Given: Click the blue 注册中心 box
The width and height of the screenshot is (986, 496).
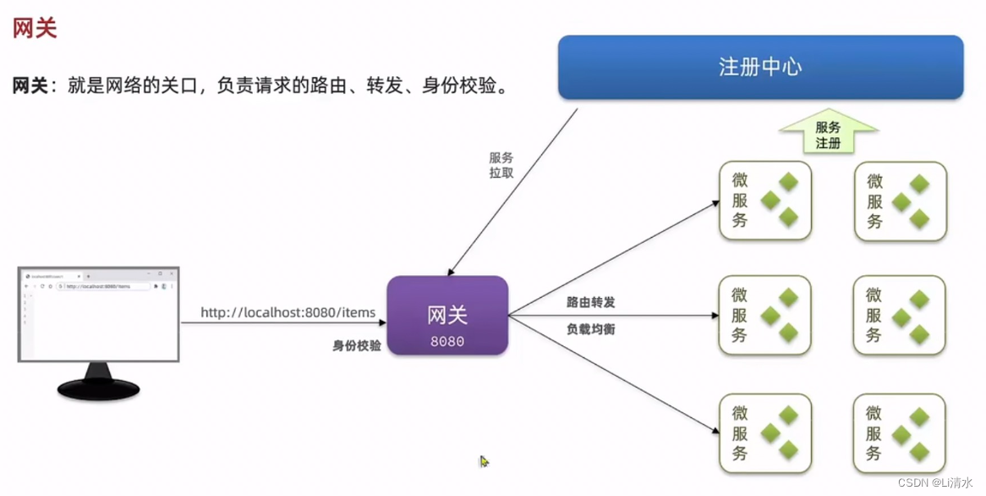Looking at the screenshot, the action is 760,68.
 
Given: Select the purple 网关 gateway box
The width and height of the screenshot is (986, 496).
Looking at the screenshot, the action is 447,315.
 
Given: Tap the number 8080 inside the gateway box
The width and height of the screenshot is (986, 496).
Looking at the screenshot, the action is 447,342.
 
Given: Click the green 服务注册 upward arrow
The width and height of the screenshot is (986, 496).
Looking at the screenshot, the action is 828,134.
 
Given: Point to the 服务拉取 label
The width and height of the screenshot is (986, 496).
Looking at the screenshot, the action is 501,165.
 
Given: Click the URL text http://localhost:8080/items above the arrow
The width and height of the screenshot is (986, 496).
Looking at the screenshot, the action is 288,312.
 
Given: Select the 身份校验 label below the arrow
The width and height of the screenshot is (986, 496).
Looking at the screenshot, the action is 357,345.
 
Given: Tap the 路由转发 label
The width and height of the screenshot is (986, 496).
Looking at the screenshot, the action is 591,302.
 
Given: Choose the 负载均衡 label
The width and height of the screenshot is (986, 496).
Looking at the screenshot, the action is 591,328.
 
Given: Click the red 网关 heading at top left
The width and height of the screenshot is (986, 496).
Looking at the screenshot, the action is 35,28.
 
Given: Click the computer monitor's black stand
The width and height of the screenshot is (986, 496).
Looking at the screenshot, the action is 98,386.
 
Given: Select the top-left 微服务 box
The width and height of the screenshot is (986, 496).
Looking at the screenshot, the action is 764,201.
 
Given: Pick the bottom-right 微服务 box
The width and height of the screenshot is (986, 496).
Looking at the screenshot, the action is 900,433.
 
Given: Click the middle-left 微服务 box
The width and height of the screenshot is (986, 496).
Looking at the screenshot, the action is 764,315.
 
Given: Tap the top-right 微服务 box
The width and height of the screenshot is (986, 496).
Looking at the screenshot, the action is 900,201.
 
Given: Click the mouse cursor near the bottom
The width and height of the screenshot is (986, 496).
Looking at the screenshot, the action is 485,461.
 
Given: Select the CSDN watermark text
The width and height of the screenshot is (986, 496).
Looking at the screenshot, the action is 936,482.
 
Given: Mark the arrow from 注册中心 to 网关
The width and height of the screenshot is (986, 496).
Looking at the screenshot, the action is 512,192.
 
